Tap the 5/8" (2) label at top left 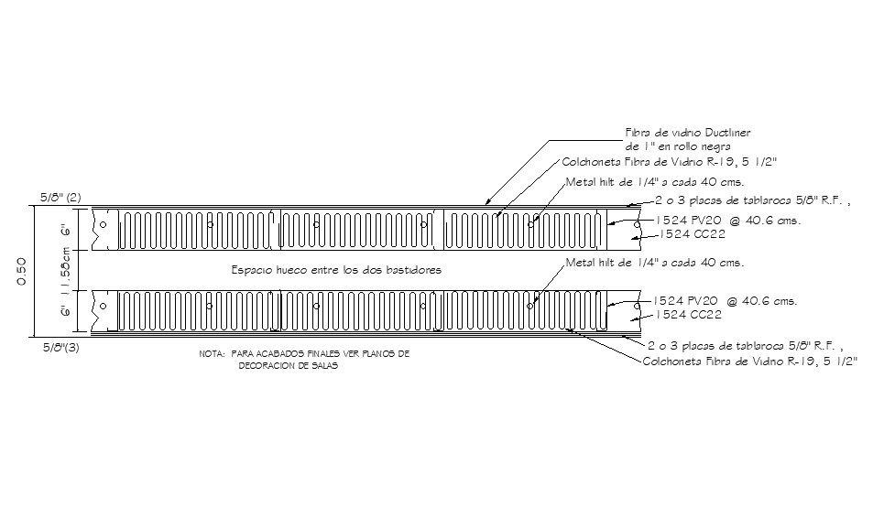(61, 197)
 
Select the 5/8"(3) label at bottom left (61, 348)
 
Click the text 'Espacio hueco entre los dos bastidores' (336, 270)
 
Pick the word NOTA (211, 354)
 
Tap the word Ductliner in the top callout (726, 133)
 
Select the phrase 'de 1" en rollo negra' (678, 146)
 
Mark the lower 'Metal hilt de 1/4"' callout (653, 262)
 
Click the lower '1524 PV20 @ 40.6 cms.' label (724, 300)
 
